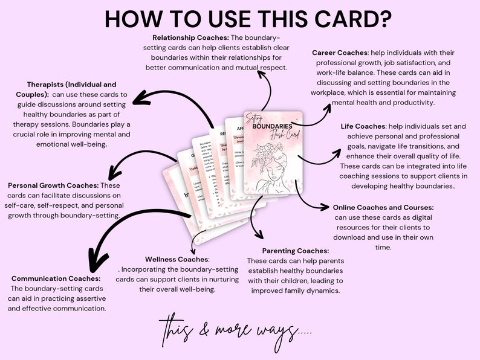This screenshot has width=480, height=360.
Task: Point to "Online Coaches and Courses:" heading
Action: click(x=383, y=208)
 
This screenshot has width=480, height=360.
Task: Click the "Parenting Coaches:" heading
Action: click(x=296, y=251)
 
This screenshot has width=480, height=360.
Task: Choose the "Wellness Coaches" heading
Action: click(x=177, y=259)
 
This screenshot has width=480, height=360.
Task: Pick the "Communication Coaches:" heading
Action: click(x=56, y=278)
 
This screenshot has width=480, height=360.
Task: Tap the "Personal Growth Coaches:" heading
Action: click(x=53, y=185)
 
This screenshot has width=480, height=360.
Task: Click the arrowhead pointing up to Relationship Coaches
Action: click(x=261, y=74)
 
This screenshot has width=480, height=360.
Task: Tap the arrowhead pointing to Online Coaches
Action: click(x=327, y=207)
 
